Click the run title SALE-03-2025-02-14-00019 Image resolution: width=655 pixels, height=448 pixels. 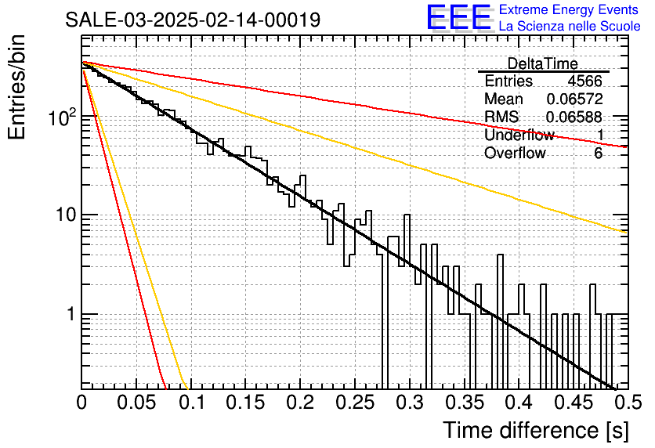(193, 20)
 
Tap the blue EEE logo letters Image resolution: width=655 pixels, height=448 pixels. (459, 17)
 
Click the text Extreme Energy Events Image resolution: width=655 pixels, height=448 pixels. (569, 9)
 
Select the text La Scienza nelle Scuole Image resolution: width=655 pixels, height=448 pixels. (570, 26)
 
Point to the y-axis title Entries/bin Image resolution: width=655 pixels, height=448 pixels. (17, 87)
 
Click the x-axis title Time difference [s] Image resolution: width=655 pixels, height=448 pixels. (536, 430)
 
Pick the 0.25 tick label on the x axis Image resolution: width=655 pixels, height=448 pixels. (355, 403)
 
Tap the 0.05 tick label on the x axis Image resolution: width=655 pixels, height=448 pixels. (136, 403)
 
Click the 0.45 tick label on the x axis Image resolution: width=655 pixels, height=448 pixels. (574, 403)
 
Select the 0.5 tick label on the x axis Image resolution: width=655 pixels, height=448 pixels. (628, 403)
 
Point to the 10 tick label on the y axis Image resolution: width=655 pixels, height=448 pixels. (66, 215)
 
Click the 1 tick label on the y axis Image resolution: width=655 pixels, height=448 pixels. (71, 314)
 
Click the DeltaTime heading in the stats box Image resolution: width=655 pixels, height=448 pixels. (542, 63)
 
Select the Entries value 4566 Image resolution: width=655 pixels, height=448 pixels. (584, 81)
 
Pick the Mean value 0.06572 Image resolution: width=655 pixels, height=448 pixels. (574, 99)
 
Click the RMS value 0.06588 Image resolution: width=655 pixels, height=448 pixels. (574, 117)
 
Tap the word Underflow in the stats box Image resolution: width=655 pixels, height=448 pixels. (519, 135)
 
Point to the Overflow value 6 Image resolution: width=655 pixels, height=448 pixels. (598, 154)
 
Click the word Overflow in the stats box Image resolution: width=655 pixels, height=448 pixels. (515, 154)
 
